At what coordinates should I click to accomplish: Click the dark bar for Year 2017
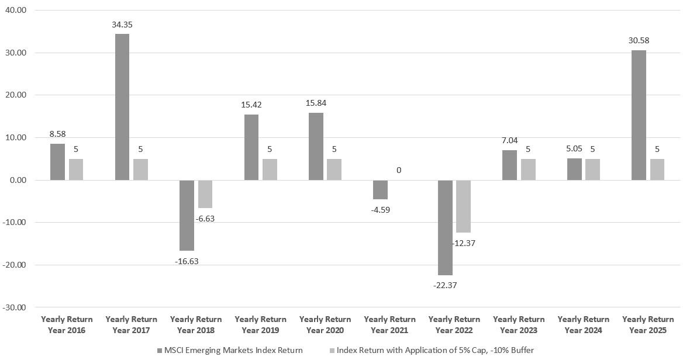(122, 107)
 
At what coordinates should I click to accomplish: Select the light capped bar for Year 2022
(463, 206)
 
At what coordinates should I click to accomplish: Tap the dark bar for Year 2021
(380, 189)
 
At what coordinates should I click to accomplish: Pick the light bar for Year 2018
(205, 194)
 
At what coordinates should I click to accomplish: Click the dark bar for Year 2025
(639, 115)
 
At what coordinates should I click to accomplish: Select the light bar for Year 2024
(592, 169)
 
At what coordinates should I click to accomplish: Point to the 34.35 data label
(122, 25)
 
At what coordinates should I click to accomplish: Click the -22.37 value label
(445, 285)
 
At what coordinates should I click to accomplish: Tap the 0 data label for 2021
(399, 170)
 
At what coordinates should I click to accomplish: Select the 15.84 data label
(316, 103)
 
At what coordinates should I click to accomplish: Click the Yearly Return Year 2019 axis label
(260, 325)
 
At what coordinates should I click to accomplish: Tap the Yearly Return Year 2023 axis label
(519, 325)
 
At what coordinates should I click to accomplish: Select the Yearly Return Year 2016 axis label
(67, 325)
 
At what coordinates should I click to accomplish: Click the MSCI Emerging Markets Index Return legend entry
(230, 350)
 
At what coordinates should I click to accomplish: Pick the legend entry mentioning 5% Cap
(432, 350)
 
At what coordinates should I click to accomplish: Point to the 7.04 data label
(509, 141)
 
